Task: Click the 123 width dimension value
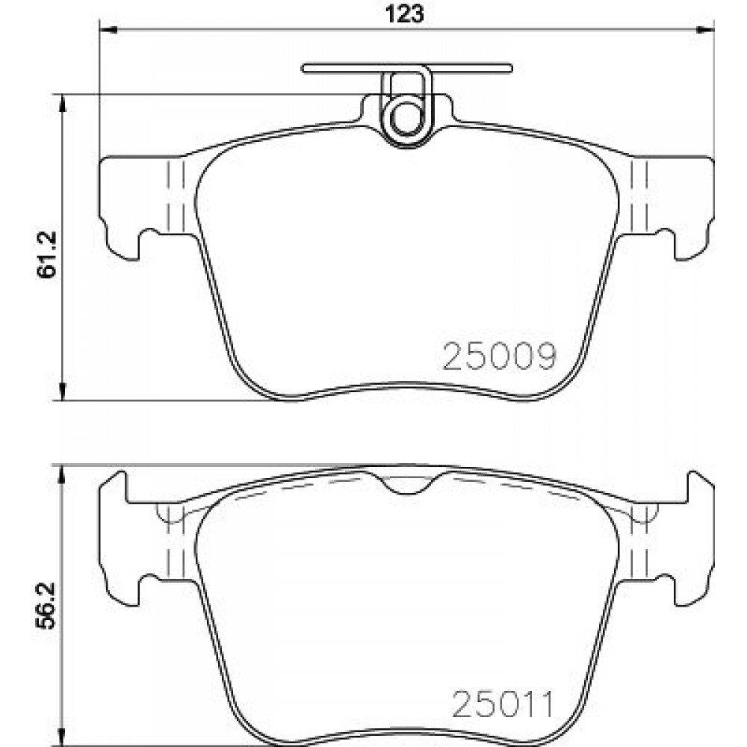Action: pyautogui.click(x=404, y=14)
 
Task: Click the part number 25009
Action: pyautogui.click(x=499, y=356)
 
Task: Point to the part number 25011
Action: pyautogui.click(x=503, y=704)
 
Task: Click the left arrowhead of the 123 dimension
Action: pyautogui.click(x=108, y=30)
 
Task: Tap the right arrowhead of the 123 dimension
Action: pyautogui.click(x=706, y=30)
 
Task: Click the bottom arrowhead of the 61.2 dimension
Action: pyautogui.click(x=62, y=391)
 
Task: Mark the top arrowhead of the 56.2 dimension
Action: pyautogui.click(x=61, y=475)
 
